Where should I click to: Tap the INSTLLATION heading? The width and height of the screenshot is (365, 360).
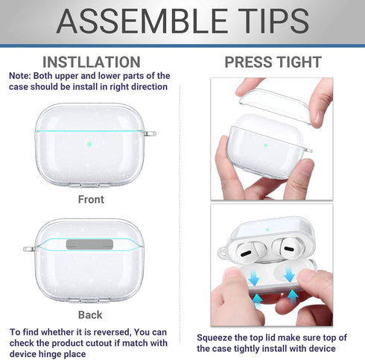click(x=91, y=62)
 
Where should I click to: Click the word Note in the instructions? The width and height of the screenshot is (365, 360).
click(x=20, y=76)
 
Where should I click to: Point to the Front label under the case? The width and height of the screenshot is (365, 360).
click(x=91, y=200)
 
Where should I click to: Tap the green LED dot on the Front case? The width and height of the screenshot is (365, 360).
click(x=89, y=145)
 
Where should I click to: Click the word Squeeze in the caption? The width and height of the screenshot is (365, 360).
click(x=217, y=337)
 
